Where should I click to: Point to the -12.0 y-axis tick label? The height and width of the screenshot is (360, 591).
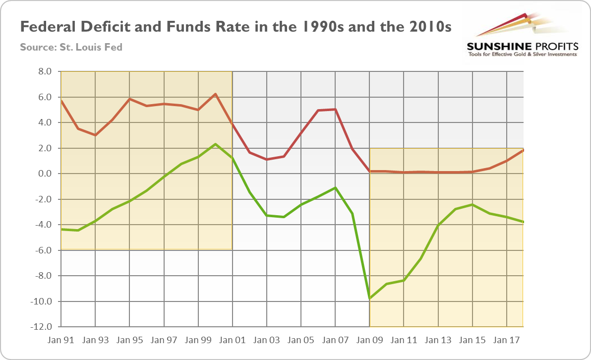pos(42,327)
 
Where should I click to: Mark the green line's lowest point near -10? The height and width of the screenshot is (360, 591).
pos(369,299)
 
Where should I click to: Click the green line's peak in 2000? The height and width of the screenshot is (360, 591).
pos(215,144)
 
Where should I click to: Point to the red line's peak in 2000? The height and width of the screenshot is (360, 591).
pos(215,94)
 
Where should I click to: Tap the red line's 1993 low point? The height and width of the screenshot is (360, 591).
pos(95,135)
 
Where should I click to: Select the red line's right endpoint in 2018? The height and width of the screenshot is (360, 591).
pos(523,150)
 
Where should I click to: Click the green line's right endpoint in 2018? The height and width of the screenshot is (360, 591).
pos(523,222)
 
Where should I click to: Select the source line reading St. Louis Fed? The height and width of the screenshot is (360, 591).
pos(71,48)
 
